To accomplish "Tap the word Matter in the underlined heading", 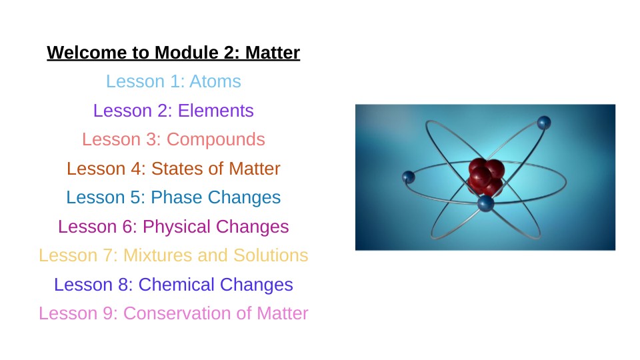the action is tap(272, 53).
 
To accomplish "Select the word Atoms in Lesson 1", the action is tap(215, 81).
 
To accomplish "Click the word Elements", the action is tap(215, 111).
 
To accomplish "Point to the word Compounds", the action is tap(215, 140).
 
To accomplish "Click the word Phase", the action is tap(176, 197).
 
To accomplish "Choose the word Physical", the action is tap(176, 227).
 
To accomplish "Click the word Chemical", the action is tap(176, 285).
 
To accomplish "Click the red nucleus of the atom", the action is tap(486, 176).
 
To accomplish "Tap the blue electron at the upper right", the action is tap(544, 123).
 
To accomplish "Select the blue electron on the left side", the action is tap(409, 177).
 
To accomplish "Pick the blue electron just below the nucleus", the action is tap(486, 203).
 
